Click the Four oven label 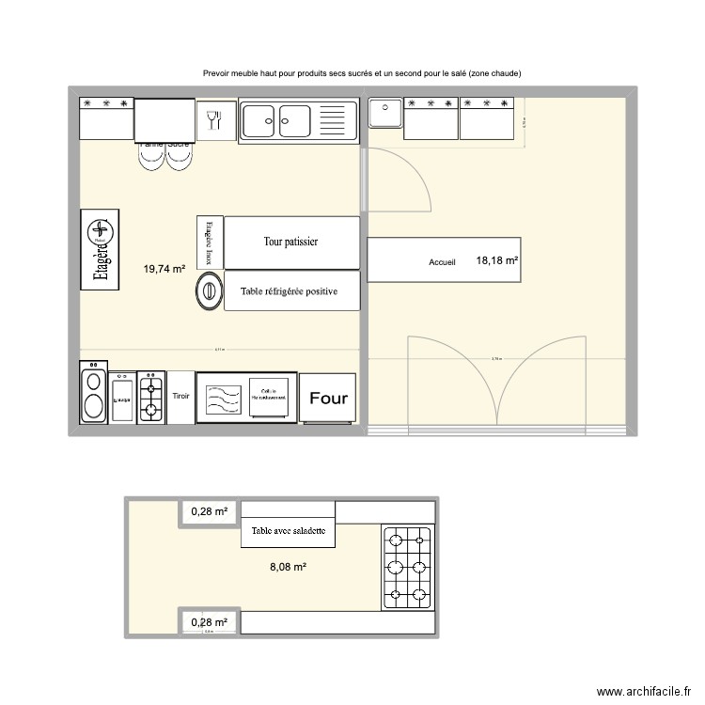328,398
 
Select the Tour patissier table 290,243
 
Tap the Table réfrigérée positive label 288,291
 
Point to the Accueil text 442,262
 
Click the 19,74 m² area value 164,269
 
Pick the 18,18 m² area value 497,260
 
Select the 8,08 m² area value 288,567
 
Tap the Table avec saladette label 288,531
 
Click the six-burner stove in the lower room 406,565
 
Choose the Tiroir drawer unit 180,397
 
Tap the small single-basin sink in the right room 384,113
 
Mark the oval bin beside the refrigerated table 209,291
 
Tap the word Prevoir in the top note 217,73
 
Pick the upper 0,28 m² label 210,512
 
